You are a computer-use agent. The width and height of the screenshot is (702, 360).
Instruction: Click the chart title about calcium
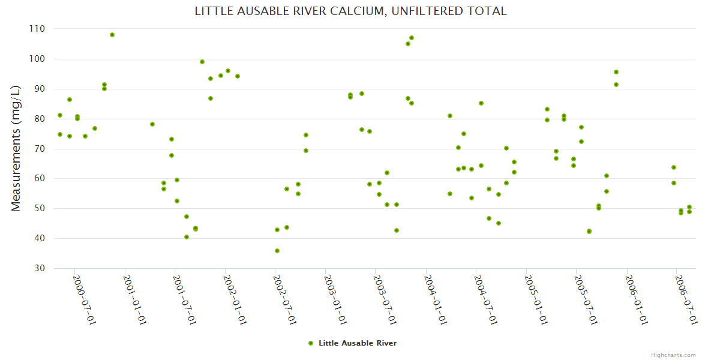pos(350,11)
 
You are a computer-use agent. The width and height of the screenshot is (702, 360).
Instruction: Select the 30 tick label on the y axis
pos(39,268)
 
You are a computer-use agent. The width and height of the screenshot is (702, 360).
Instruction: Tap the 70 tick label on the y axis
pos(39,149)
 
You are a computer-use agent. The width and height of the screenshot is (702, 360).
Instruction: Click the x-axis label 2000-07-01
pos(84,299)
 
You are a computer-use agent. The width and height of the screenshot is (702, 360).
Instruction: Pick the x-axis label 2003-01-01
pos(335,299)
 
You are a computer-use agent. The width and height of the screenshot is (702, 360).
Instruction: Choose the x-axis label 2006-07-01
pos(686,299)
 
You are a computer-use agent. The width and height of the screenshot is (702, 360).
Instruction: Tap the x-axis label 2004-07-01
pos(485,299)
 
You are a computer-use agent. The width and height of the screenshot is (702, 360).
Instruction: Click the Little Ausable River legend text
pos(358,343)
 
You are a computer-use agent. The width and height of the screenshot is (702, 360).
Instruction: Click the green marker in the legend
pos(310,343)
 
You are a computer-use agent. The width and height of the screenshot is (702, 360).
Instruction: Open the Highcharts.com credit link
pos(673,355)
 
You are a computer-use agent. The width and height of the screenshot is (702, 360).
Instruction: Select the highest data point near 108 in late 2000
pos(112,35)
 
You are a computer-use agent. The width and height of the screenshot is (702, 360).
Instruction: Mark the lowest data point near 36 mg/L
pos(277,251)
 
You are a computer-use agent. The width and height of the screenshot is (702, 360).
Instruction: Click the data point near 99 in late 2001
pos(202,62)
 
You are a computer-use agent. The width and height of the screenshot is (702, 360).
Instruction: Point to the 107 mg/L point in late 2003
pos(412,38)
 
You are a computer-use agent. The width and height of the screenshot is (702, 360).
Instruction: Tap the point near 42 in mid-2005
pos(589,232)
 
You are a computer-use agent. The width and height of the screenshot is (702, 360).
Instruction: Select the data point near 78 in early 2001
pos(152,124)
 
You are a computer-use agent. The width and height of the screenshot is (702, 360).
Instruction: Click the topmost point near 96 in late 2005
pos(616,72)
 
